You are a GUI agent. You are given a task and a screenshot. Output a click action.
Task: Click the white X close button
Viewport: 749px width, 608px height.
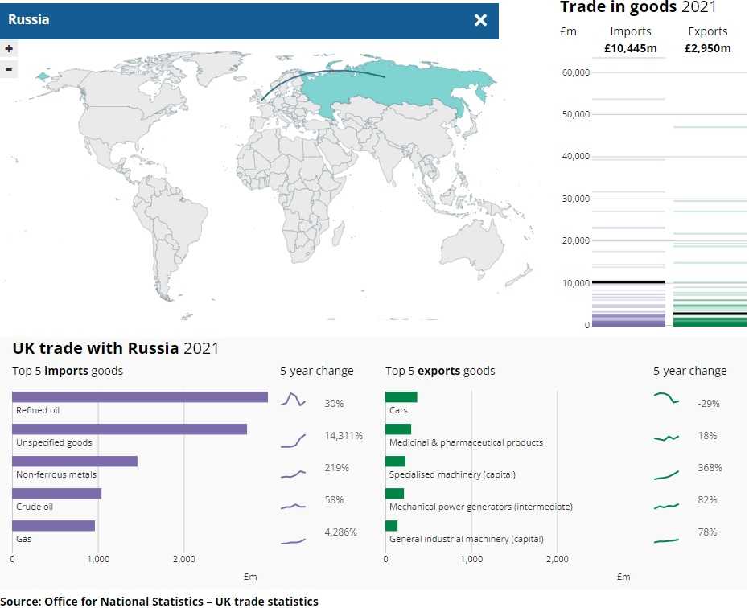480,20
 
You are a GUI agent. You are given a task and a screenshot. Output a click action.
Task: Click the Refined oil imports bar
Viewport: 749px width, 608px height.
139,396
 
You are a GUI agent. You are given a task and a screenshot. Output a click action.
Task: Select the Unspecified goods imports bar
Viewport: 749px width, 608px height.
129,429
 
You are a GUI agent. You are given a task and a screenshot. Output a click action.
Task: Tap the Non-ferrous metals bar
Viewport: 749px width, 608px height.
74,461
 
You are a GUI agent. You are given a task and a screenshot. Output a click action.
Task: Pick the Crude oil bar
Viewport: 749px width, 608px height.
56,493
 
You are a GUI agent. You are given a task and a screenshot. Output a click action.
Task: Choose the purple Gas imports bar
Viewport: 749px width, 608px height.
53,525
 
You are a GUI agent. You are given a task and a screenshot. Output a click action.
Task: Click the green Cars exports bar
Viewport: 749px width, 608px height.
401,396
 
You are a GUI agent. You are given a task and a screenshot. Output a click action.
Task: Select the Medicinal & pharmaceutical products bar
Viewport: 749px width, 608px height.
397,429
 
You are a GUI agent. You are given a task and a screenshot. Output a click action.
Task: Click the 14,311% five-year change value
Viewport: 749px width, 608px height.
344,436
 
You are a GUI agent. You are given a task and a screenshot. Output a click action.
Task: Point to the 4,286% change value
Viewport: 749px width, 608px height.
340,532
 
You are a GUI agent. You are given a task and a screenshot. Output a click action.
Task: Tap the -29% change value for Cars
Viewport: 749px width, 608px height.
709,404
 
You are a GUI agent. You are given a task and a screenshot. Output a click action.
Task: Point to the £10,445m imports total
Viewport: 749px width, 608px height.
631,48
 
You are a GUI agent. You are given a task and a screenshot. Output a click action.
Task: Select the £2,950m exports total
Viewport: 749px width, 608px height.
708,48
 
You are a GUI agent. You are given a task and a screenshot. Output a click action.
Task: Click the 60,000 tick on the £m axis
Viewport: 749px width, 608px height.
576,72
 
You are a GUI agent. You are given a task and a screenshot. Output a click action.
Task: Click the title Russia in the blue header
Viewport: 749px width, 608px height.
29,20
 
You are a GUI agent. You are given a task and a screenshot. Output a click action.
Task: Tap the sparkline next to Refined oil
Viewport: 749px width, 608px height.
293,400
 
